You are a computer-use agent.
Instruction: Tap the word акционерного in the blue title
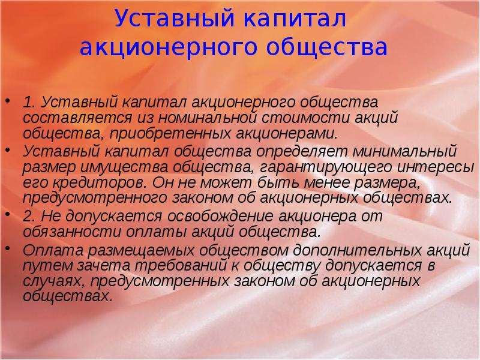(167, 47)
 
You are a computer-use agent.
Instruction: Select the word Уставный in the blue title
(175, 19)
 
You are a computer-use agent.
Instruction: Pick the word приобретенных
(170, 133)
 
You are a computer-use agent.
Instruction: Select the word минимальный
(404, 151)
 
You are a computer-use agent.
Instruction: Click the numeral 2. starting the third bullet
(29, 217)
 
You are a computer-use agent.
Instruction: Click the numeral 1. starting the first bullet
(29, 102)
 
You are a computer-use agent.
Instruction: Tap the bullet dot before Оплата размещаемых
(8, 248)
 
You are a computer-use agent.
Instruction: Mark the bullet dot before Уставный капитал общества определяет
(8, 149)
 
